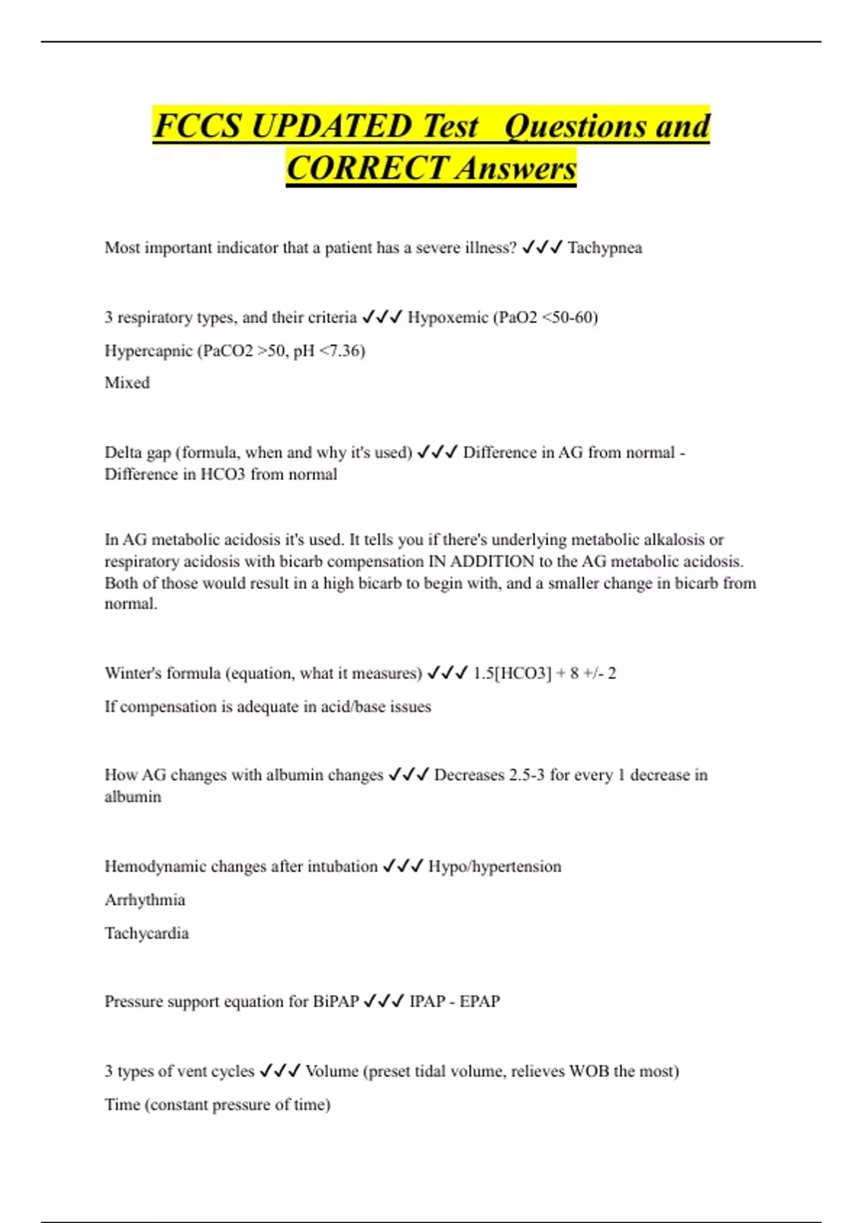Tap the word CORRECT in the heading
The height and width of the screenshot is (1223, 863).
(x=367, y=168)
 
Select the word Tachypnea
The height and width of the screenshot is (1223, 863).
(x=605, y=248)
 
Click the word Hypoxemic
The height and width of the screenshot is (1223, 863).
(x=447, y=317)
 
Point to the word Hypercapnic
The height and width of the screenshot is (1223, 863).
(x=147, y=351)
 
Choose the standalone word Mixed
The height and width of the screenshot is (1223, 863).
(x=127, y=383)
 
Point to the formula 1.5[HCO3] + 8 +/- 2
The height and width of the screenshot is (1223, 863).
(x=544, y=673)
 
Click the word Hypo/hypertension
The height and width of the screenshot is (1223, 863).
(x=495, y=866)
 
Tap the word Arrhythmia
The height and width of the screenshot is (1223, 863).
(x=145, y=900)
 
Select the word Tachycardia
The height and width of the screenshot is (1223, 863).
(x=147, y=933)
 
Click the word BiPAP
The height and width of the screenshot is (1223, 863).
(x=336, y=1001)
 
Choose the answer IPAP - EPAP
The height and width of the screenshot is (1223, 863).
(x=455, y=1001)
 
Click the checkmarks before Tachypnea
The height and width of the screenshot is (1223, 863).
(x=542, y=248)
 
